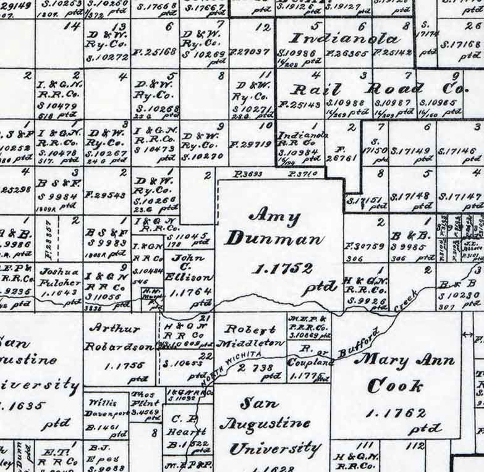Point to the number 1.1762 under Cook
click(396, 413)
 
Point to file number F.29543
click(105, 195)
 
